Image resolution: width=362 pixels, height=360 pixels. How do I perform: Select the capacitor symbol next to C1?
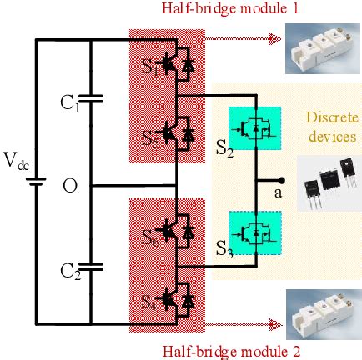[90, 100]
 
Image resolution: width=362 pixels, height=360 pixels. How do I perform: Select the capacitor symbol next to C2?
[90, 267]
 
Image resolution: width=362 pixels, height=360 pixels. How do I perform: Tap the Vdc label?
[16, 162]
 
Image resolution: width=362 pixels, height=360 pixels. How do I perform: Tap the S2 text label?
[224, 150]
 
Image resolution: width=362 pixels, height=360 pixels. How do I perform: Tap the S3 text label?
[224, 247]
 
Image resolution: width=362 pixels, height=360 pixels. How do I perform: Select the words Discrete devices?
[331, 127]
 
